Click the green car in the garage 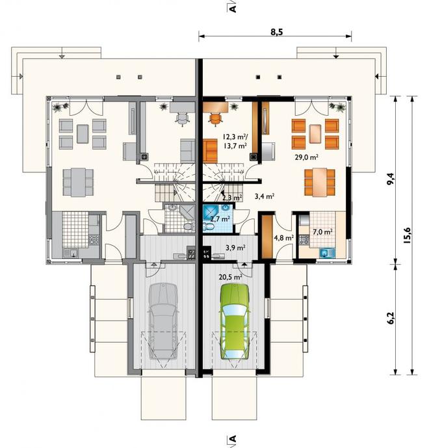tap(234, 321)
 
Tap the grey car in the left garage tap(163, 321)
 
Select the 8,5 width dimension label tap(276, 32)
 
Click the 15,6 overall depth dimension tap(407, 235)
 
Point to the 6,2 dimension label tap(391, 318)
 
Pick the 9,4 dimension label tap(391, 179)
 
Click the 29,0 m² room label tap(307, 157)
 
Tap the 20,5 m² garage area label tap(231, 276)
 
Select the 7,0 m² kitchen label tap(322, 231)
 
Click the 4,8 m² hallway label tap(284, 238)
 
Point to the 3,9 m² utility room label tap(236, 248)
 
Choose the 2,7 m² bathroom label tap(220, 219)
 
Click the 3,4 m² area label tap(265, 196)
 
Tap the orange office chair tap(216, 118)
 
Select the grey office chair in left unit tap(183, 119)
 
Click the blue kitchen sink tap(328, 253)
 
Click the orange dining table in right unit tap(320, 182)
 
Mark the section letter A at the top tap(233, 8)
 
